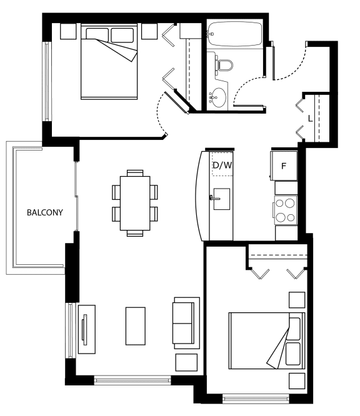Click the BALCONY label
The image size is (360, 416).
point(45,212)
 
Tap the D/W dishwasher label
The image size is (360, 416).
point(222,166)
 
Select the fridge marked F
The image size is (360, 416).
point(284,166)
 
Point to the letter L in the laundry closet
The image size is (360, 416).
point(310,118)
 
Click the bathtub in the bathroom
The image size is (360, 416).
point(234,34)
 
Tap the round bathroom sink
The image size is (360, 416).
point(219,97)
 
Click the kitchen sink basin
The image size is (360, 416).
point(222,199)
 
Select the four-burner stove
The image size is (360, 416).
point(286,210)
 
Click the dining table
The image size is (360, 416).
point(135,203)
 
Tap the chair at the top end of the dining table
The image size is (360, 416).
point(135,173)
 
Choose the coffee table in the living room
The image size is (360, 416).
point(136,326)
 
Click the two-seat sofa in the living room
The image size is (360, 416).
point(186,323)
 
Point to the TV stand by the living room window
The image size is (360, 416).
point(87,329)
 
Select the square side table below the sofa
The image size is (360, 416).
point(186,362)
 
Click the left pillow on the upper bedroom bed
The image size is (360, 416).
point(97,35)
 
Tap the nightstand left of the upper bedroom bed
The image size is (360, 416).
point(68,31)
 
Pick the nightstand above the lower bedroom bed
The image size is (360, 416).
point(297,300)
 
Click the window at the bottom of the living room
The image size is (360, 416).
point(132,380)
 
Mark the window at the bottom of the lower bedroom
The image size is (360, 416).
point(256,399)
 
